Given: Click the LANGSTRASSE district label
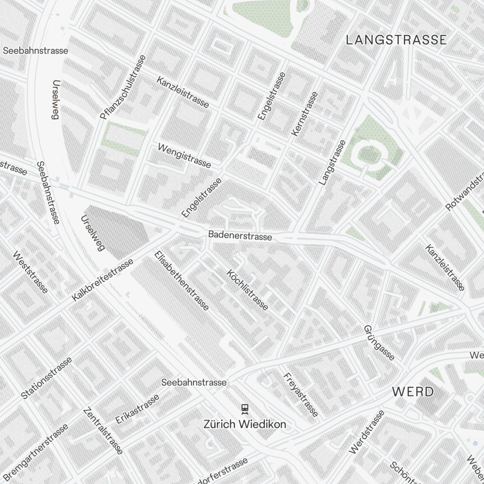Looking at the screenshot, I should click(396, 40).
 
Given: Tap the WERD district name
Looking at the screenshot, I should click(413, 392).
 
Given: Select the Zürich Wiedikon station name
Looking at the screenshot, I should click(244, 424).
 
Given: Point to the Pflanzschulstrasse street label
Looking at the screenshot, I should click(122, 87).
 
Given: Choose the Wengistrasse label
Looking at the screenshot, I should click(184, 155).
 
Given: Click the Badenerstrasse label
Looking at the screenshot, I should click(240, 236).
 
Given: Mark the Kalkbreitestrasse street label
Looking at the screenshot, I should click(103, 280).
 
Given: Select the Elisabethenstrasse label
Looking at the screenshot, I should click(181, 281).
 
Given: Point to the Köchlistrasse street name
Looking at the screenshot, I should click(247, 290).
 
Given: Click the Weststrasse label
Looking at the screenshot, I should click(30, 272).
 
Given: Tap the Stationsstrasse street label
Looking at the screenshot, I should click(46, 378).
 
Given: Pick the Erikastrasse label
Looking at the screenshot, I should click(137, 409).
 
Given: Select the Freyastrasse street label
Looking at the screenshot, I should click(301, 394).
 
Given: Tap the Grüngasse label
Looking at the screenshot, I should click(379, 343).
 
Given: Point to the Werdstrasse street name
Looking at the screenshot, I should click(366, 432).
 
